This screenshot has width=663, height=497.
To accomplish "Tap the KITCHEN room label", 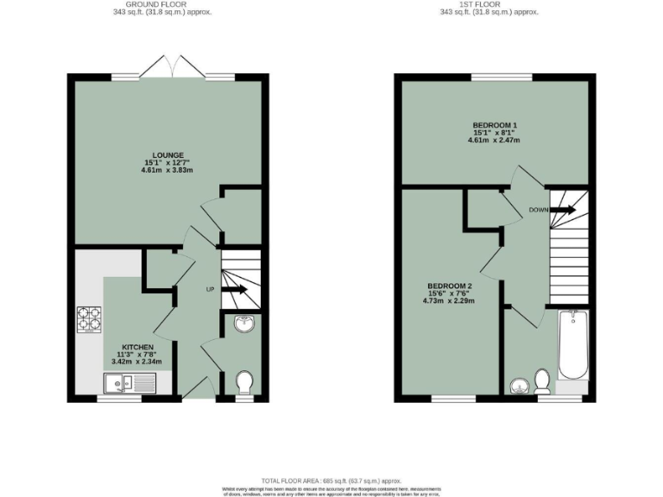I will coord(137,347).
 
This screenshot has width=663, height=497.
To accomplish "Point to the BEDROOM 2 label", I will coord(449,286).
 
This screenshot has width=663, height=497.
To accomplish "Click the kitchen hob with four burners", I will coord(90,320).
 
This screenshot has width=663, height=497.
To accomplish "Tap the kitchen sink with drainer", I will coord(130,384).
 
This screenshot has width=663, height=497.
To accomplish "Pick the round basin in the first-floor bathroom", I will coord(520,386).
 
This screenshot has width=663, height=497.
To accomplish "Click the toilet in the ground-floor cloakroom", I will coord(245,382).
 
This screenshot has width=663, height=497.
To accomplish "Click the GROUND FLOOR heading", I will coord(161,4).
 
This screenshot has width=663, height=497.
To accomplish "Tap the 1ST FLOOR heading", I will coord(489,4).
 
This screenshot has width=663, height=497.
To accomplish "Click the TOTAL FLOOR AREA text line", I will coord(331,480).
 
